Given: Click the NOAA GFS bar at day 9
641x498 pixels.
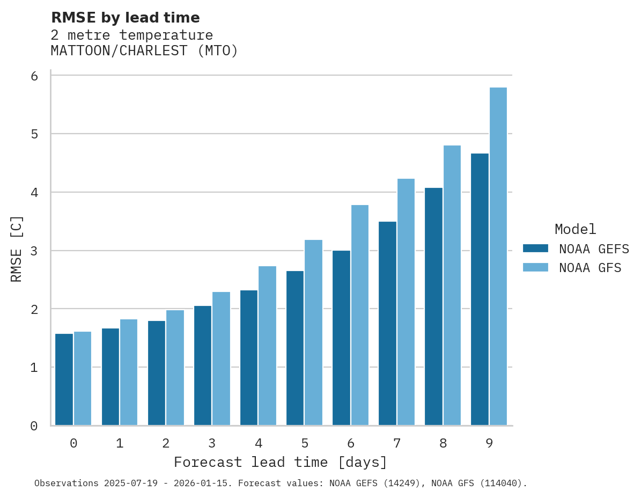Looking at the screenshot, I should pyautogui.click(x=498, y=257).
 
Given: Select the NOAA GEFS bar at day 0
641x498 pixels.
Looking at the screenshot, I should pyautogui.click(x=64, y=379).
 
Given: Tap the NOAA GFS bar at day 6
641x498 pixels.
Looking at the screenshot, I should pyautogui.click(x=360, y=315).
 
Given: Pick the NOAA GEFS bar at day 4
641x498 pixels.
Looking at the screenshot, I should pyautogui.click(x=249, y=357).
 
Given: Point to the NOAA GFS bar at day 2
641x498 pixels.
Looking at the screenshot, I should pyautogui.click(x=175, y=368).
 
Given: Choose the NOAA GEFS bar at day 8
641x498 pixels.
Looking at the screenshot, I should pyautogui.click(x=433, y=306).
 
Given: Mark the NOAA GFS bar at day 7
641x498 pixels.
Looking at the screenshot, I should pyautogui.click(x=406, y=302).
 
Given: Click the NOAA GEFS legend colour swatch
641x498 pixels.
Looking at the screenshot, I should pyautogui.click(x=535, y=248).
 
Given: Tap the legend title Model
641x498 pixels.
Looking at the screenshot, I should pyautogui.click(x=575, y=230).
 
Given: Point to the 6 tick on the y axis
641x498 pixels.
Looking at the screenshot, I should pyautogui.click(x=34, y=76).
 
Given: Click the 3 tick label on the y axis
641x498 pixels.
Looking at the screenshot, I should pyautogui.click(x=34, y=251).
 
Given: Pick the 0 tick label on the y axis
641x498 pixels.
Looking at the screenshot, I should pyautogui.click(x=34, y=426).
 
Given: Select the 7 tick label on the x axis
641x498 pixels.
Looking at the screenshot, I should pyautogui.click(x=397, y=444).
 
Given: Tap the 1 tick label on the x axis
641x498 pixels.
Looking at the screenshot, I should pyautogui.click(x=120, y=444).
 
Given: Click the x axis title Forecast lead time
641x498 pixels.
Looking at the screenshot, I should pyautogui.click(x=280, y=463).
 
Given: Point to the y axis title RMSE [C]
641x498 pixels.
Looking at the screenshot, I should pyautogui.click(x=17, y=249).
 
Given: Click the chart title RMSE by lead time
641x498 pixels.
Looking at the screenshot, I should pyautogui.click(x=125, y=18).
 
